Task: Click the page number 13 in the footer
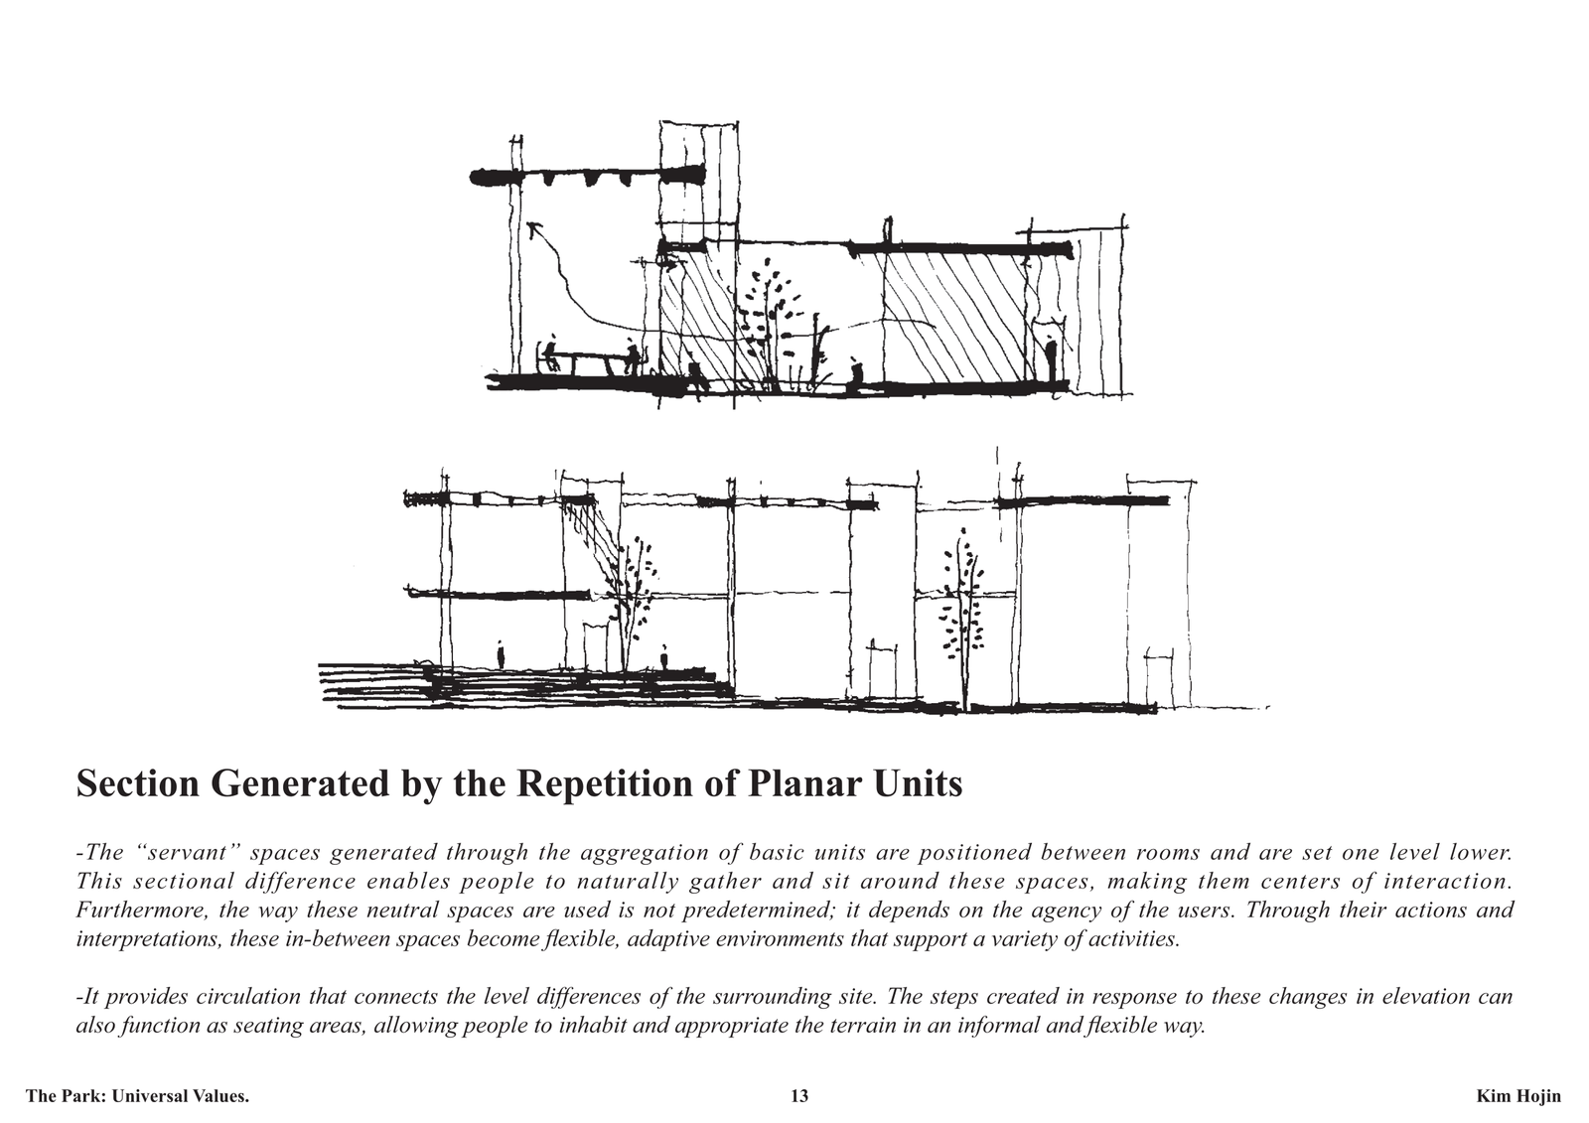(799, 1096)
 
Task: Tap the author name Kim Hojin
(1518, 1096)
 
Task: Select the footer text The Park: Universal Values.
(138, 1096)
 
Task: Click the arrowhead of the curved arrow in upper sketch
(533, 228)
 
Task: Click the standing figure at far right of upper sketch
(1052, 359)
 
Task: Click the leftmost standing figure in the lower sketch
(501, 654)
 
